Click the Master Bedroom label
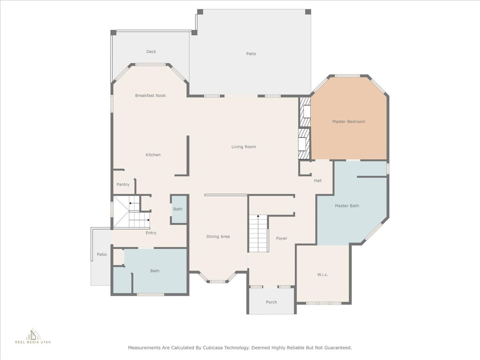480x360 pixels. pyautogui.click(x=349, y=121)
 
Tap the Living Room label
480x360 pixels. pyautogui.click(x=244, y=147)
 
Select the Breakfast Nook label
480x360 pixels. pyautogui.click(x=150, y=96)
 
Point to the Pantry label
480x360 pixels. pyautogui.click(x=123, y=185)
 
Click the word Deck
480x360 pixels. pyautogui.click(x=151, y=52)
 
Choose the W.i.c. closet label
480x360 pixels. pyautogui.click(x=322, y=275)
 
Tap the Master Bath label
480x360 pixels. pyautogui.click(x=347, y=206)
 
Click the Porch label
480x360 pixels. pyautogui.click(x=271, y=302)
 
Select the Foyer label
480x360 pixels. pyautogui.click(x=282, y=238)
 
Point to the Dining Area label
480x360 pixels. pyautogui.click(x=218, y=237)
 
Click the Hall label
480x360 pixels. pyautogui.click(x=317, y=180)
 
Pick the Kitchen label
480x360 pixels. pyautogui.click(x=153, y=155)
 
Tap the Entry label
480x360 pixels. pyautogui.click(x=151, y=233)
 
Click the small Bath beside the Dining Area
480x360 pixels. pyautogui.click(x=178, y=209)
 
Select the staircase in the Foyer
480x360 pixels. pyautogui.click(x=258, y=233)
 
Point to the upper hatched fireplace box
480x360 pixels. pyautogui.click(x=305, y=112)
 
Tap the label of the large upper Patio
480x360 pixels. pyautogui.click(x=251, y=54)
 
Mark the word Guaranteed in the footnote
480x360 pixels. pyautogui.click(x=339, y=348)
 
